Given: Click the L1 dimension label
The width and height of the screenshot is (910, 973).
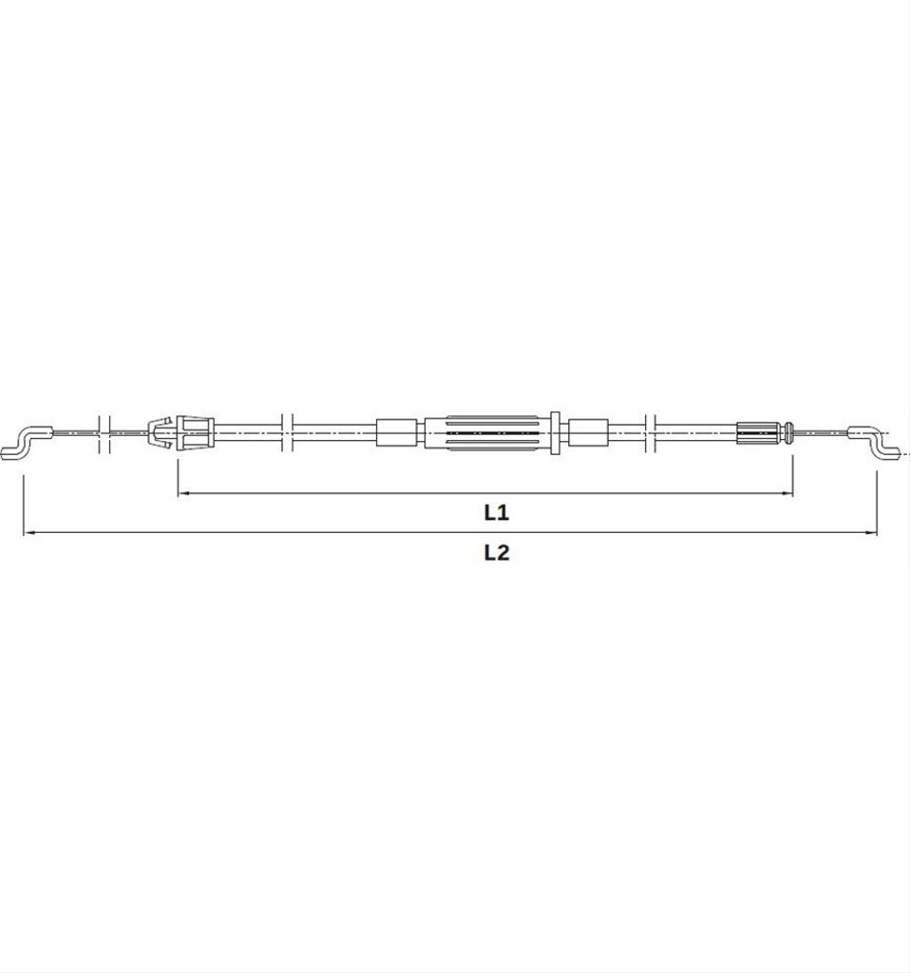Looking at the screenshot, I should point(496,512).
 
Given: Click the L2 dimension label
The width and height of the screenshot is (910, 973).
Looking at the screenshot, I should point(496,552).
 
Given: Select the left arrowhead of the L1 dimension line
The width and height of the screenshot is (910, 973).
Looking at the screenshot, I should point(183,493).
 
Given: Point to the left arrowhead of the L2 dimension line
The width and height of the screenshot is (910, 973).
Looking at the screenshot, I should point(29,533).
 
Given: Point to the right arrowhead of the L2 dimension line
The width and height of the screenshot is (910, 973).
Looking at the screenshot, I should point(871,533).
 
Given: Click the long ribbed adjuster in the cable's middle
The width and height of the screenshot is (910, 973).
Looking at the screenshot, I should point(486,432).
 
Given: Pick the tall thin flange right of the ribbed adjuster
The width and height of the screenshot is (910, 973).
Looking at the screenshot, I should point(555,432).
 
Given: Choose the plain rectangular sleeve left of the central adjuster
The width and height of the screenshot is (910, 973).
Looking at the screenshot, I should point(396,432).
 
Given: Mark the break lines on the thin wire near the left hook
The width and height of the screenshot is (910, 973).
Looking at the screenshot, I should point(104,432).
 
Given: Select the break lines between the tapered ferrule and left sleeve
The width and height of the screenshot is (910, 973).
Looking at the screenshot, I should point(288,432).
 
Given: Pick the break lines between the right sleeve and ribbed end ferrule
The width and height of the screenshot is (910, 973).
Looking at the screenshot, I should point(650,432).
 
